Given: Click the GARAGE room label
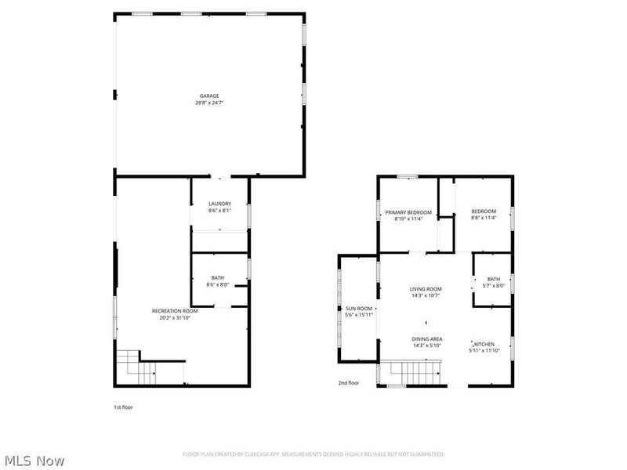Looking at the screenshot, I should (x=208, y=96).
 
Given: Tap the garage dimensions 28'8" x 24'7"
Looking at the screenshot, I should (x=208, y=103).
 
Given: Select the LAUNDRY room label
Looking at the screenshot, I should (x=219, y=204).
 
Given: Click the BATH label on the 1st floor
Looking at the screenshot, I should (x=217, y=277).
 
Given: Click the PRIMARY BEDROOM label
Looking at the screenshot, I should (x=408, y=211).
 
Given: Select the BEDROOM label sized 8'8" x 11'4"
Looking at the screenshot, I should (x=484, y=211).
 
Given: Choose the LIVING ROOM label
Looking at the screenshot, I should (x=426, y=289).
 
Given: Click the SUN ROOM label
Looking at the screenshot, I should (x=359, y=308).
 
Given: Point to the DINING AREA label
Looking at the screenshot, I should (x=427, y=338).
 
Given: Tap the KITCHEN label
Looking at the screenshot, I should (x=484, y=343).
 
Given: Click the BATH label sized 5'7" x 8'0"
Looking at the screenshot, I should (x=493, y=279).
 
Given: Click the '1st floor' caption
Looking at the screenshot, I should (x=123, y=407).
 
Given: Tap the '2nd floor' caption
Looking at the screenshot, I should (x=349, y=383).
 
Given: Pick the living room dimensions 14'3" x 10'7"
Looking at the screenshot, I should (x=426, y=296).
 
